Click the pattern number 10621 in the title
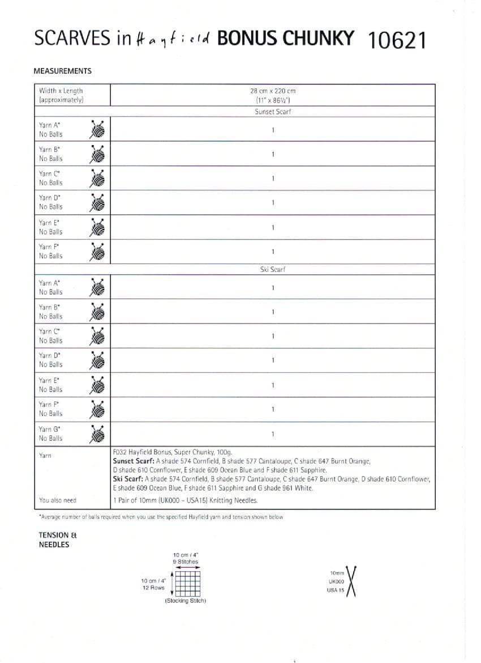(x=396, y=40)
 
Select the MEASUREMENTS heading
(x=62, y=71)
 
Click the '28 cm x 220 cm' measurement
(x=273, y=91)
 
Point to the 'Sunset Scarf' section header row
(x=273, y=112)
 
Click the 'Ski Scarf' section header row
(x=273, y=270)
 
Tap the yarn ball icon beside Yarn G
(x=98, y=433)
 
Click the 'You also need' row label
(x=58, y=500)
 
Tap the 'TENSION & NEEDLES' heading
(x=54, y=539)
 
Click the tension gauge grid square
(x=186, y=581)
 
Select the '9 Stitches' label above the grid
(x=186, y=562)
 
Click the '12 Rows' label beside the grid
(x=153, y=588)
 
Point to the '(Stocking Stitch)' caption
(x=186, y=600)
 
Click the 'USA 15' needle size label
(x=336, y=590)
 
